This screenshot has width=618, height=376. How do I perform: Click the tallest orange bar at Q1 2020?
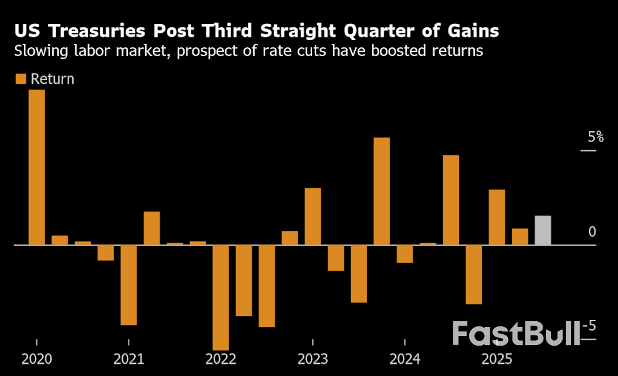[37, 168]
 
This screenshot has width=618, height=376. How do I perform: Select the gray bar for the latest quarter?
[543, 230]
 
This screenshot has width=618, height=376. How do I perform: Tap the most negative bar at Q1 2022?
[221, 297]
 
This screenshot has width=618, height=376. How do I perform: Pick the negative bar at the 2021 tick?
[129, 284]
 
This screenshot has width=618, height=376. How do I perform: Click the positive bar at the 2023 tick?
[313, 217]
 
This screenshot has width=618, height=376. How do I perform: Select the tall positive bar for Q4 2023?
[382, 192]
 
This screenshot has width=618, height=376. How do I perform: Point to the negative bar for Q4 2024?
[474, 274]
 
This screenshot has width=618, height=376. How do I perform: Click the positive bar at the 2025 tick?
[497, 217]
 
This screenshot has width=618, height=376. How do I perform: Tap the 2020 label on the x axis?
[37, 359]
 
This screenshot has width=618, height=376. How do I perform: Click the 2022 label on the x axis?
[221, 359]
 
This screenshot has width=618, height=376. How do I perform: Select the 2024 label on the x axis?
[405, 359]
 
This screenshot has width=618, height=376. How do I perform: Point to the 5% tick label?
[595, 137]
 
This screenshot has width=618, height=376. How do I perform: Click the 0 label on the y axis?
[592, 232]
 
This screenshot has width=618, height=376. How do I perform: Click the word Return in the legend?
[52, 79]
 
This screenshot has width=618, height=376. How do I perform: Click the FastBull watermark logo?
[516, 333]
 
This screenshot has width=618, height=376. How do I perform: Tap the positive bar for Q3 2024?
[451, 200]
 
